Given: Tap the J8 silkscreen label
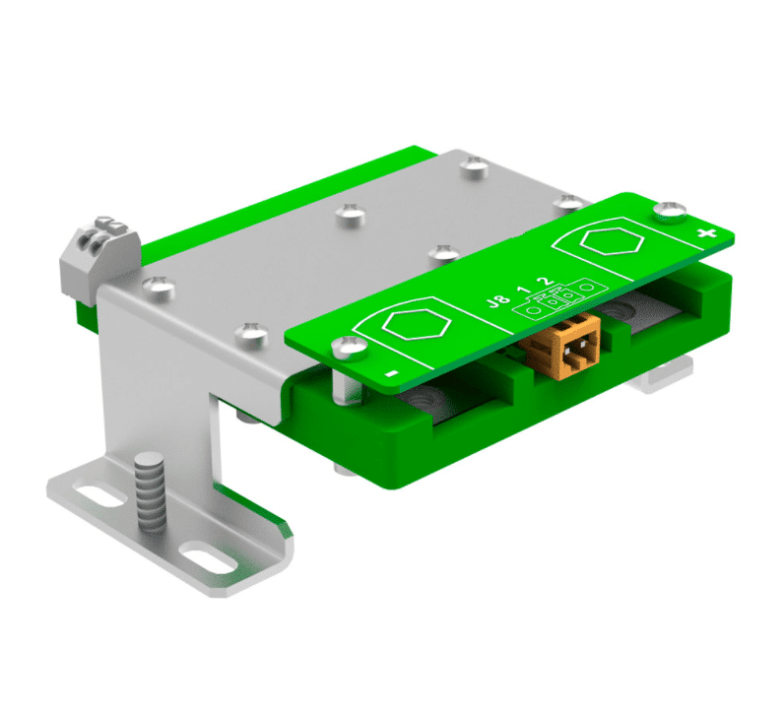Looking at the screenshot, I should pos(500,300).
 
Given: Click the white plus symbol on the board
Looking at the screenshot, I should pos(705,233).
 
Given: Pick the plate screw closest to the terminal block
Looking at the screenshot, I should pos(157,287).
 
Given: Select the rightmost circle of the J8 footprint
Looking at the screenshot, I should pos(587,288).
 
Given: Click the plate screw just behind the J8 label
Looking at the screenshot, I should pos(444,251).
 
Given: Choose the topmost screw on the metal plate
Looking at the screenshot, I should pos(475,165).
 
